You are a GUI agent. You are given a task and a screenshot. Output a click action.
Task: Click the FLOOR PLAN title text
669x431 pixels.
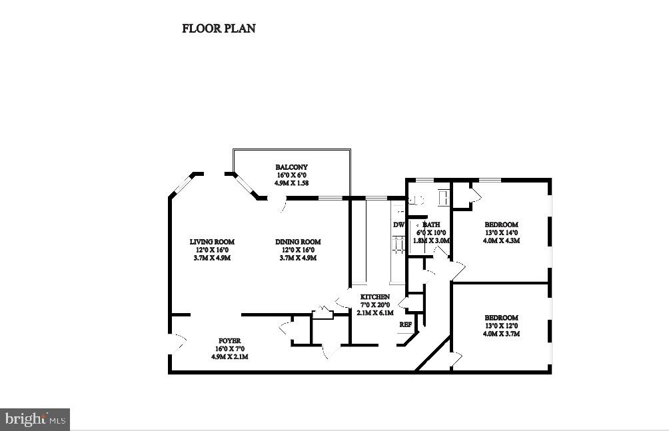(219, 29)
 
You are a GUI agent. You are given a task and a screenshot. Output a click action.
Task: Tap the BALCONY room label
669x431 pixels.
(292, 167)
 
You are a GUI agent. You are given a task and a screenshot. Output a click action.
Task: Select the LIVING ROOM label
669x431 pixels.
(212, 242)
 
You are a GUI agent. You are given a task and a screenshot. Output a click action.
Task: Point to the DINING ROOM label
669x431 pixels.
(298, 242)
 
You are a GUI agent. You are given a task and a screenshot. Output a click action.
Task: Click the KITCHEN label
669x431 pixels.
(375, 296)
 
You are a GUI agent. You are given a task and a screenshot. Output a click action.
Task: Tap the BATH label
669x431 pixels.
(432, 225)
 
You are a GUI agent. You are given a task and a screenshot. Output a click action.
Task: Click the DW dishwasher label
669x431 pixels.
(398, 225)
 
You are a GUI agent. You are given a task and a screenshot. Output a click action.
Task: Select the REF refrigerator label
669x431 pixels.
(405, 324)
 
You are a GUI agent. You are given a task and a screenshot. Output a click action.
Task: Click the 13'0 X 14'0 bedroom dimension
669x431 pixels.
(501, 232)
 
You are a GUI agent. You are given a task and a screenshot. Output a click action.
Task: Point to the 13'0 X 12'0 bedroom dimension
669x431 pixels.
(501, 326)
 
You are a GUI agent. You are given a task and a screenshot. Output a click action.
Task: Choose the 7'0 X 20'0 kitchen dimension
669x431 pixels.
(375, 304)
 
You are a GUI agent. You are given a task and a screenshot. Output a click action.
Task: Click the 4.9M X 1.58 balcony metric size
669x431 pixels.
(292, 183)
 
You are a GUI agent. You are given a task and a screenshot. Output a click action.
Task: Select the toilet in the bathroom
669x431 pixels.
(418, 198)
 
